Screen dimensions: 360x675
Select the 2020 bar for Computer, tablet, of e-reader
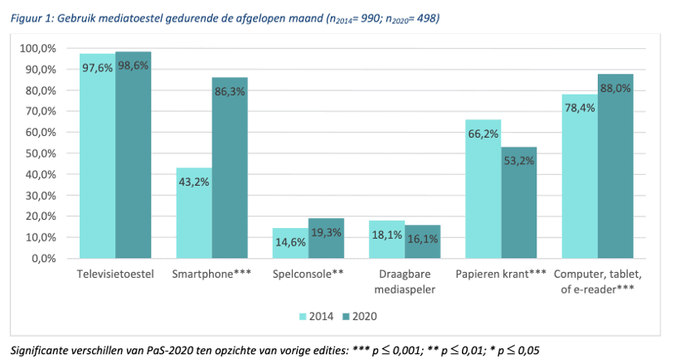(x=615, y=166)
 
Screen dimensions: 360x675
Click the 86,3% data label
(x=230, y=92)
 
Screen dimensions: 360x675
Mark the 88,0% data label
(x=615, y=87)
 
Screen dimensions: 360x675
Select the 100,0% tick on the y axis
(x=38, y=49)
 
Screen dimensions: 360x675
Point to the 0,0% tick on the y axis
(x=43, y=258)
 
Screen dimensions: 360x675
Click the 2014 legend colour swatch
(x=303, y=316)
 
